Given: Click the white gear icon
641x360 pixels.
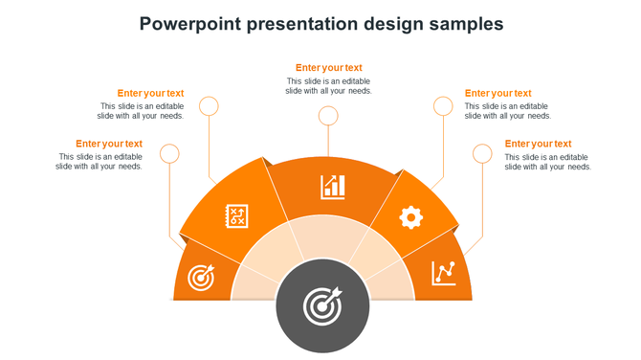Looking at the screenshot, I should (410, 217).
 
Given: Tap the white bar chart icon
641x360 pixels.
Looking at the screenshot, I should (333, 186).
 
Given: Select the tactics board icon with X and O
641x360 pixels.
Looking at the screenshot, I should (235, 216).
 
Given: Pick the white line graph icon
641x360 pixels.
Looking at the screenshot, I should (443, 273).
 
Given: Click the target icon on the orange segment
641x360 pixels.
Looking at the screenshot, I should (200, 278).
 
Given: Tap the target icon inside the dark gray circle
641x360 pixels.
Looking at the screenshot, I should (321, 306).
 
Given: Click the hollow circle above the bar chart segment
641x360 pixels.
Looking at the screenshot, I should (328, 116).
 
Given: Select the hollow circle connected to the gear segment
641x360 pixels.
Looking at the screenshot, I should (443, 105).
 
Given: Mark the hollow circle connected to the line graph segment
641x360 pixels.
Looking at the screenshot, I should (482, 153).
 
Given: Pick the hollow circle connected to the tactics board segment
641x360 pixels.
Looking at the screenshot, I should (209, 105).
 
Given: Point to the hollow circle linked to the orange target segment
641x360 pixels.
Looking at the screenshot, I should (169, 153).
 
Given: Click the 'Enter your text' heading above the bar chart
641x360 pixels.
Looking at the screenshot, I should (328, 68).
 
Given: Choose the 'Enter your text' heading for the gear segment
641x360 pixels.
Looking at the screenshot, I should (497, 93).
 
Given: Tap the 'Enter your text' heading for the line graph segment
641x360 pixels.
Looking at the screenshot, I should (538, 144).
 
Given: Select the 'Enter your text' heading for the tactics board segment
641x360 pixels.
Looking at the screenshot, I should (150, 93).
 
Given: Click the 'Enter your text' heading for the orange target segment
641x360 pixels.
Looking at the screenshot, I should (109, 144).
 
